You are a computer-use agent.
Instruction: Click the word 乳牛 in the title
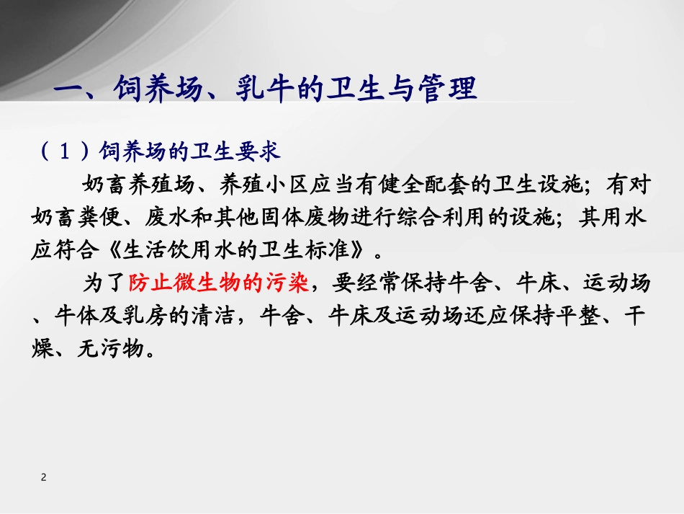[x=263, y=91]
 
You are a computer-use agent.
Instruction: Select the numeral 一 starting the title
[x=71, y=91]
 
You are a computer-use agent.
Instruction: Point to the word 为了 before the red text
[x=102, y=284]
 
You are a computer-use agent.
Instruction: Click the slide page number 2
[x=44, y=477]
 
